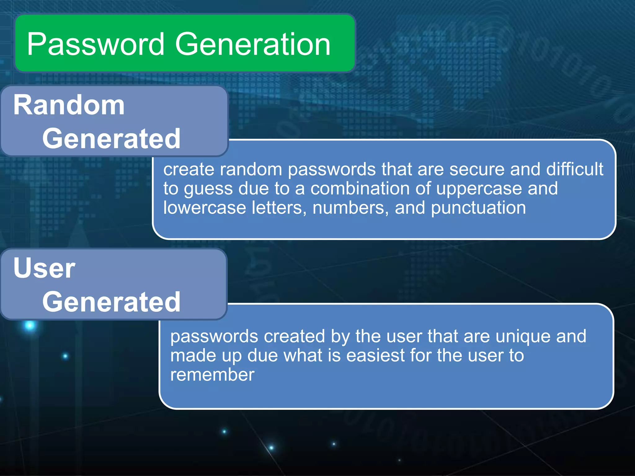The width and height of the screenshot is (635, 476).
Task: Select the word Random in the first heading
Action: point(69,105)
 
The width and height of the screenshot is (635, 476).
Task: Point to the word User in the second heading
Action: point(44,268)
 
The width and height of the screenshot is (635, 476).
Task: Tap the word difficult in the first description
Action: point(575,169)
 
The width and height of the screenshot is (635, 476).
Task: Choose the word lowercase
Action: point(205,208)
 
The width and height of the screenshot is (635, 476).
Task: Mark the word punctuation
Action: point(478,208)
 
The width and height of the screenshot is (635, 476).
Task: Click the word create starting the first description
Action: point(189,169)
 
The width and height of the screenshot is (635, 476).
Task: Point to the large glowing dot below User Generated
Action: point(30,325)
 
